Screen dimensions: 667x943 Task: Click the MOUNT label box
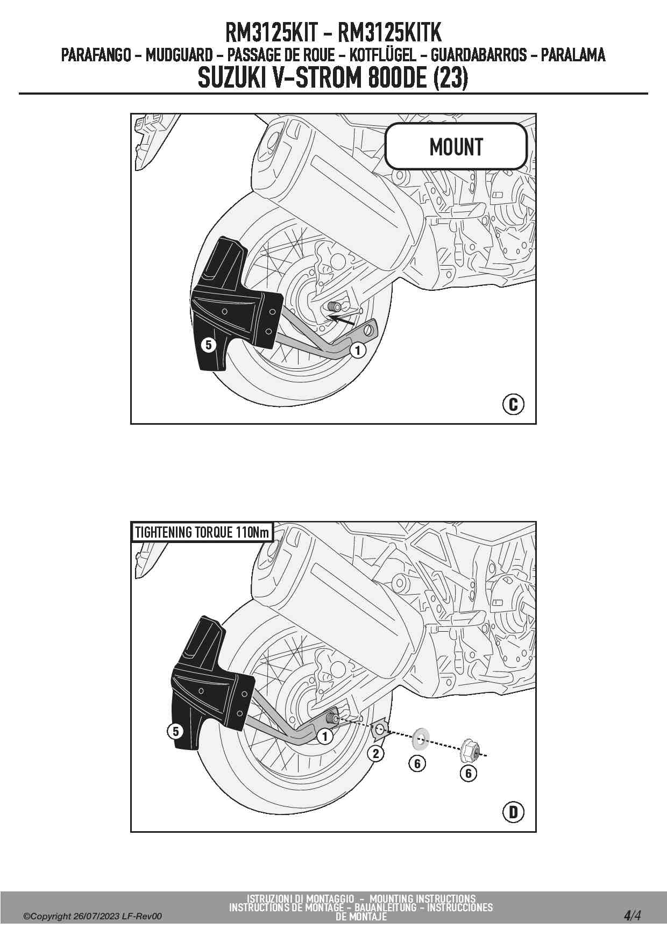[x=456, y=146]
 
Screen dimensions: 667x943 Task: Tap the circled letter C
[x=513, y=404]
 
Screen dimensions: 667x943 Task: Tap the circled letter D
[x=513, y=812]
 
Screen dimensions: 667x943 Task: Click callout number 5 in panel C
[x=209, y=345]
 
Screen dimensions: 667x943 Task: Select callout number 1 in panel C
[x=358, y=351]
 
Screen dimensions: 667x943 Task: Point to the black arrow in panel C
[x=342, y=321]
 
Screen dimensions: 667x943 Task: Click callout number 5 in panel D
[x=175, y=731]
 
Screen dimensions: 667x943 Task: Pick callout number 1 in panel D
[x=324, y=736]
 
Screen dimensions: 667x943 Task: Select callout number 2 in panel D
[x=375, y=753]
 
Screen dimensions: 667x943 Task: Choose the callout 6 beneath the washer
[x=417, y=763]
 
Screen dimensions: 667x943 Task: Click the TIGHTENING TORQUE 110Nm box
[x=202, y=532]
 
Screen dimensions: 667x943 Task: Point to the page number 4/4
[x=632, y=916]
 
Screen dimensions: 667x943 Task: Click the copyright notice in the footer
[x=92, y=916]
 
